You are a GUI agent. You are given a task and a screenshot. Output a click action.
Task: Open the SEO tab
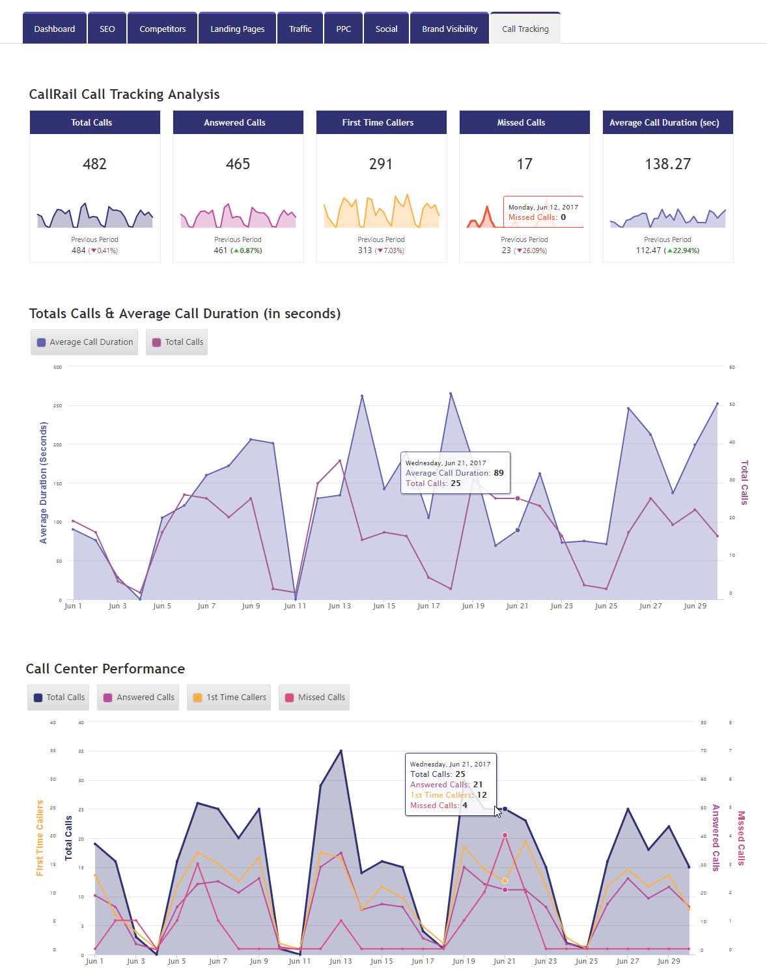click(107, 29)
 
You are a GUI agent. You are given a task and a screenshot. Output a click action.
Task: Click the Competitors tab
click(162, 29)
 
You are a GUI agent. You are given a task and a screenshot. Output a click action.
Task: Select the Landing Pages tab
click(237, 29)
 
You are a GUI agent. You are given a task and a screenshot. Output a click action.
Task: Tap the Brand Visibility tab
click(449, 29)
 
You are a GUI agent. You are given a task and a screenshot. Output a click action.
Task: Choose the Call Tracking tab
click(525, 29)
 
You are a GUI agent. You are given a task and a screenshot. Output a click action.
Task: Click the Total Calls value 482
click(94, 164)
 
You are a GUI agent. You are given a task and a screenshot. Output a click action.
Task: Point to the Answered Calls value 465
click(238, 164)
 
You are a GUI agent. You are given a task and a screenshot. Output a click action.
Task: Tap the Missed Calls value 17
click(524, 164)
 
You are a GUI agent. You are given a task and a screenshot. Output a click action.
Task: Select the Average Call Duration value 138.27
click(667, 164)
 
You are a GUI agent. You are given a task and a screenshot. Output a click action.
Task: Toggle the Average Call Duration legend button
click(85, 342)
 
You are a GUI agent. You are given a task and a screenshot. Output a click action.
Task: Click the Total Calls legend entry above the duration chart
click(177, 342)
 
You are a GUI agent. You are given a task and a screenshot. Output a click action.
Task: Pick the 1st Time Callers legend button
click(229, 698)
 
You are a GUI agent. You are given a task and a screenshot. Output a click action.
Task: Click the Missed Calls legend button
click(314, 698)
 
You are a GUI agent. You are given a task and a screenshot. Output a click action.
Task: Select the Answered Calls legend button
click(138, 698)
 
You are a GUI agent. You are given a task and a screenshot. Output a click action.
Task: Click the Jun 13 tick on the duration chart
click(339, 606)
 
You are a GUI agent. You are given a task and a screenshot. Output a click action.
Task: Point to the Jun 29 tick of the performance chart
click(668, 961)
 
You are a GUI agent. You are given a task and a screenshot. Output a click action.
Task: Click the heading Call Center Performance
click(105, 669)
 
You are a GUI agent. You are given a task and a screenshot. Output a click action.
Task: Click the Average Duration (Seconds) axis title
click(44, 483)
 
